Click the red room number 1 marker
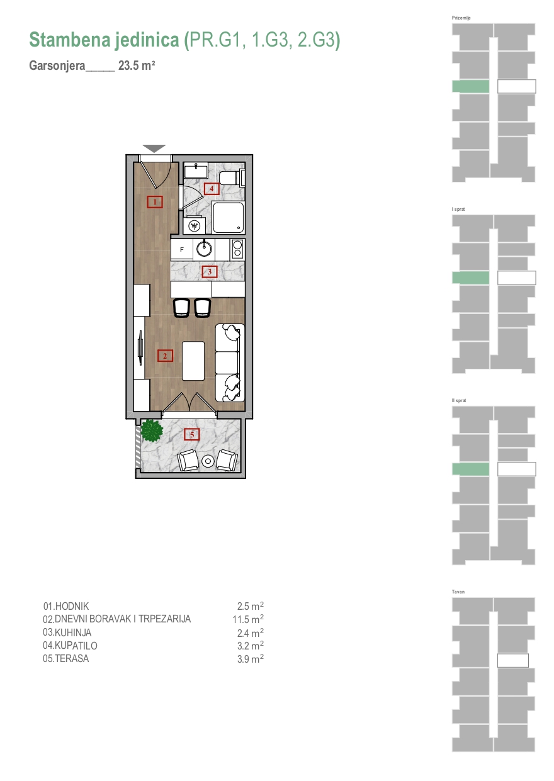pyautogui.click(x=155, y=201)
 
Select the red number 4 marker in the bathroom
pyautogui.click(x=212, y=189)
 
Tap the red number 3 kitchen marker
pyautogui.click(x=210, y=272)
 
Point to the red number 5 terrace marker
pyautogui.click(x=191, y=434)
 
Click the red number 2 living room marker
pyautogui.click(x=165, y=356)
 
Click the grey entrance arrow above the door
pyautogui.click(x=154, y=149)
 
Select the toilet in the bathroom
pyautogui.click(x=232, y=177)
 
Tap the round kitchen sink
pyautogui.click(x=204, y=249)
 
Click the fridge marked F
pyautogui.click(x=182, y=249)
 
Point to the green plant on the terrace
pyautogui.click(x=152, y=431)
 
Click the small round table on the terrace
pyautogui.click(x=208, y=461)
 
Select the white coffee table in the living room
pyautogui.click(x=193, y=361)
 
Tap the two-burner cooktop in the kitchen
pyautogui.click(x=237, y=249)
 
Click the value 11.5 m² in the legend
pyautogui.click(x=248, y=619)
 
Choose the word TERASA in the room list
pyautogui.click(x=72, y=659)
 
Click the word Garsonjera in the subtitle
pyautogui.click(x=57, y=65)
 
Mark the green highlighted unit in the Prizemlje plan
pyautogui.click(x=471, y=86)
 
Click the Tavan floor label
pyautogui.click(x=458, y=592)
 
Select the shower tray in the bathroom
pyautogui.click(x=228, y=217)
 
